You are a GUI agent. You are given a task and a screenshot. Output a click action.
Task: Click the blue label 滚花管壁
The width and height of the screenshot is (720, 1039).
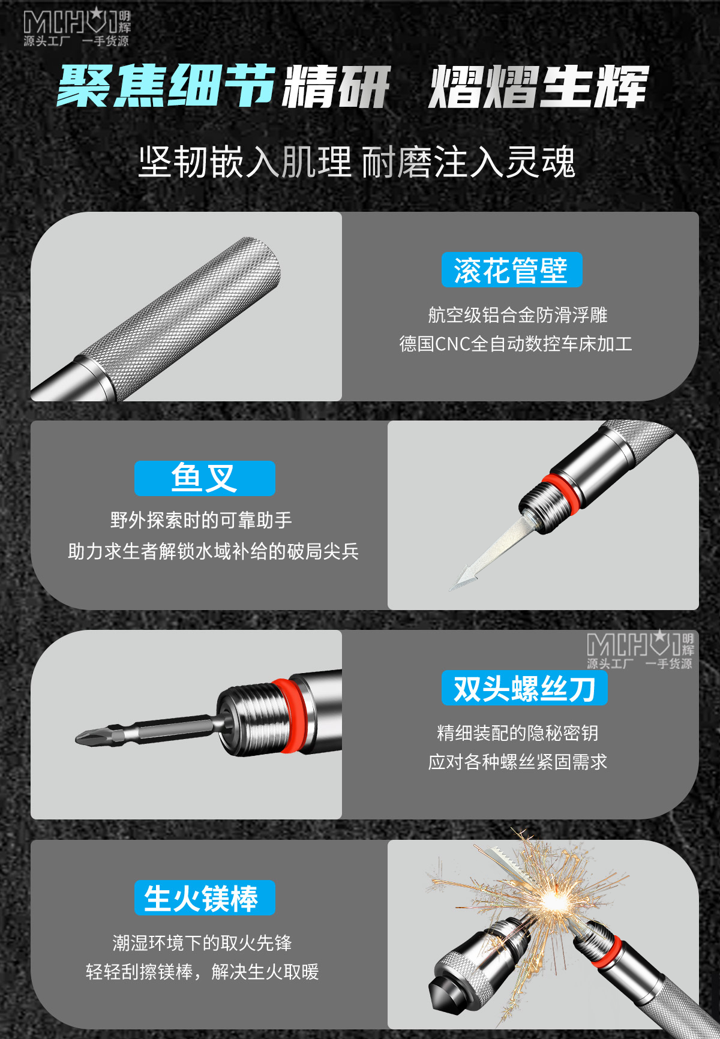512,270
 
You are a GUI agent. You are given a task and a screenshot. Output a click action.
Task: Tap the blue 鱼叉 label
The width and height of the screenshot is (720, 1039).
205,478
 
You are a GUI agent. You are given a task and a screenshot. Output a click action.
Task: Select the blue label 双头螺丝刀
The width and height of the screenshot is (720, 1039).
524,688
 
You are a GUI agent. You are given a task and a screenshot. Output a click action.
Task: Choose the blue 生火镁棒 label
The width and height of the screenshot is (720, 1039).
205,897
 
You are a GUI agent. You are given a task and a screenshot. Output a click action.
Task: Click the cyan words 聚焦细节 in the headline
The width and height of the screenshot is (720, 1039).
167,86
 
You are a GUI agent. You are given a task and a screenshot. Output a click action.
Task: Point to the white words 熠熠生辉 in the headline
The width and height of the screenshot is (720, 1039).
539,87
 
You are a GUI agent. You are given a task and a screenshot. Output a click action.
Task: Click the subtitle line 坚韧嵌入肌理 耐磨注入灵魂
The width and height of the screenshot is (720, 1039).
357,162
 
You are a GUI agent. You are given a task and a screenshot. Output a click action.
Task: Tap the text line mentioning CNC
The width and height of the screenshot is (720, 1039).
515,344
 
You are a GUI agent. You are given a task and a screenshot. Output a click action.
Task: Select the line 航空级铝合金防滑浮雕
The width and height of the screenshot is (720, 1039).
517,314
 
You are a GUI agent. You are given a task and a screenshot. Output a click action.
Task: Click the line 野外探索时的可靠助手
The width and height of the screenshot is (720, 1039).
201,519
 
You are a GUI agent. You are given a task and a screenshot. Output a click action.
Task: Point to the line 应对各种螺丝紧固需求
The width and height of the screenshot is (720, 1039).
517,762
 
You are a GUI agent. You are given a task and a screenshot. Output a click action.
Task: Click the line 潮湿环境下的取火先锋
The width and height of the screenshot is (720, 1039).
202,942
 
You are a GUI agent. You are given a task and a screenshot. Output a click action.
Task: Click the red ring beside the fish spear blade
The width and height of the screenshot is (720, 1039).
561,494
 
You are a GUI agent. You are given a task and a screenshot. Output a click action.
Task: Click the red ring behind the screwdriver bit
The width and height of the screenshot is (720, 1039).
295,716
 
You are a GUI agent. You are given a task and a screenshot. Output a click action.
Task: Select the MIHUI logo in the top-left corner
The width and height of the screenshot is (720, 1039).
77,27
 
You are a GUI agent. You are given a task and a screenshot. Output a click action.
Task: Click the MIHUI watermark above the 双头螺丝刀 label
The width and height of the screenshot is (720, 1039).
640,650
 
